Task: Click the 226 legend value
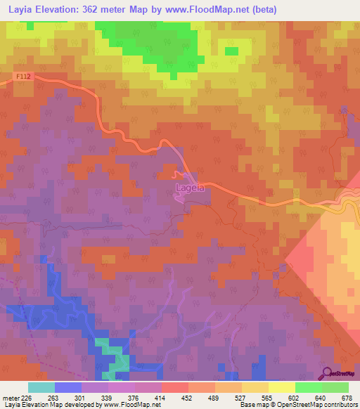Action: (28, 396)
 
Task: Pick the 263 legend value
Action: (55, 396)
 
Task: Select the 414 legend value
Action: (161, 396)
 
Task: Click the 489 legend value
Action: (214, 396)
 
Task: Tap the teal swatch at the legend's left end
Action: (41, 387)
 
